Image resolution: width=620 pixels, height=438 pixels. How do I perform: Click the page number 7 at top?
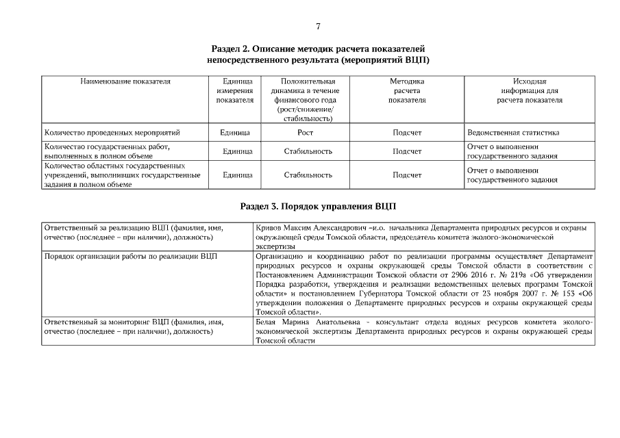coord(319,27)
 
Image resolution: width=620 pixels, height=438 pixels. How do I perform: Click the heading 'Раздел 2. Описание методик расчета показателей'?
coord(319,49)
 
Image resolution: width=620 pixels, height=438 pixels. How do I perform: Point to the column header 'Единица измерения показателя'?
coord(235,90)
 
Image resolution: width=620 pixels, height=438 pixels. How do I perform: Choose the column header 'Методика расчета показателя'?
coord(407,90)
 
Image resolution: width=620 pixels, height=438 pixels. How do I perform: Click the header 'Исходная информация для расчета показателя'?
coord(530,90)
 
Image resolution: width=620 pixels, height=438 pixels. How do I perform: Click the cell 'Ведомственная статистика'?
coord(513,133)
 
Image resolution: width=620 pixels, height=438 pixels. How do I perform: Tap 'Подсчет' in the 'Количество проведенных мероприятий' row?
coord(407,133)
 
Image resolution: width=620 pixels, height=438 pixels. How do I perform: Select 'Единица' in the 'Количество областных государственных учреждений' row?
coord(235,175)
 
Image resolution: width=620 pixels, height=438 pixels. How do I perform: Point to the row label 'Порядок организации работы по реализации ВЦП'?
coord(130,256)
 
